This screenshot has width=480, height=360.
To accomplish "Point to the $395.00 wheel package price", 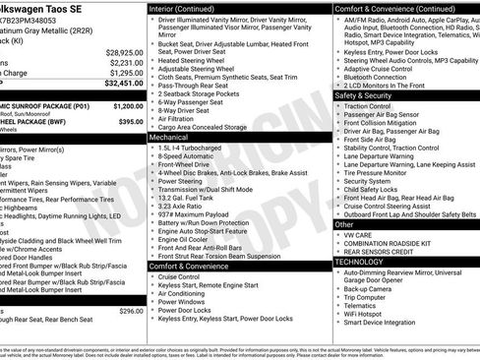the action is pos(131,121).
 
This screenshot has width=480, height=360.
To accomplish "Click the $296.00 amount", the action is pos(131,311).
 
